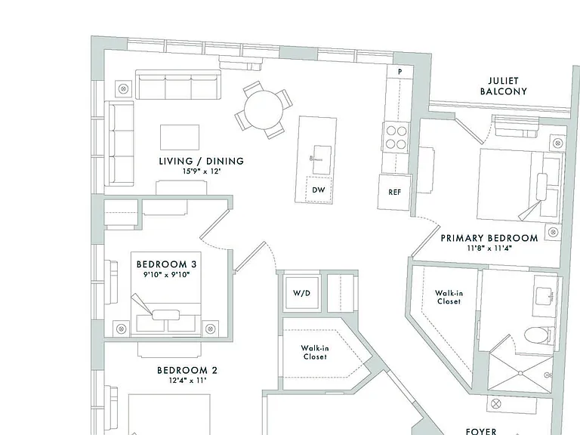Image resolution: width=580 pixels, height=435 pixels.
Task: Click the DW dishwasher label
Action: click(319, 190)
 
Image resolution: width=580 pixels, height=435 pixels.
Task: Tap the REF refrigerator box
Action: click(394, 192)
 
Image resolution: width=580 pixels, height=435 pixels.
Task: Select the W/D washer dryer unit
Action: click(302, 293)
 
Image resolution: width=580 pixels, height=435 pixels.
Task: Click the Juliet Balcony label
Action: click(504, 86)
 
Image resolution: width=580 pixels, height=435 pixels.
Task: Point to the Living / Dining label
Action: click(202, 161)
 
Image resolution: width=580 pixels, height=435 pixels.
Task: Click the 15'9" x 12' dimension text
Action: click(202, 171)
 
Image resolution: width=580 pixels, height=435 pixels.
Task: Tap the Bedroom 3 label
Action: click(166, 264)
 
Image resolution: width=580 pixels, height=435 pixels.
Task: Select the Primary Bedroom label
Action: click(489, 238)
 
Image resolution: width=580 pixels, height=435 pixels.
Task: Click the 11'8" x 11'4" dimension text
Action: click(489, 248)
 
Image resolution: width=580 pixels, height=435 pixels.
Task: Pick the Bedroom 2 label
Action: click(187, 370)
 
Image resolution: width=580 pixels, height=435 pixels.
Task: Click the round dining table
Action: click(264, 110)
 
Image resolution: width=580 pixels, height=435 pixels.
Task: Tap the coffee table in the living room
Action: click(180, 137)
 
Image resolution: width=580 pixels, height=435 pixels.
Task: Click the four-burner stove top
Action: click(396, 137)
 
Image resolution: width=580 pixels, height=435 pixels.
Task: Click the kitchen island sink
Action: click(322, 160)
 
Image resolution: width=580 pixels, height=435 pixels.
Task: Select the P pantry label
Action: click(400, 72)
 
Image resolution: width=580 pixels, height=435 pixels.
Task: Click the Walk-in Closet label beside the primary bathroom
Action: click(449, 297)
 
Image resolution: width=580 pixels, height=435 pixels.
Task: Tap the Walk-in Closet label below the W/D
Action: click(315, 352)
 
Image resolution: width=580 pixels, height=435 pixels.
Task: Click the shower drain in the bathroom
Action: click(521, 373)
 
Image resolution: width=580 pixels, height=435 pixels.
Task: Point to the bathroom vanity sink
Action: click(544, 295)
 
